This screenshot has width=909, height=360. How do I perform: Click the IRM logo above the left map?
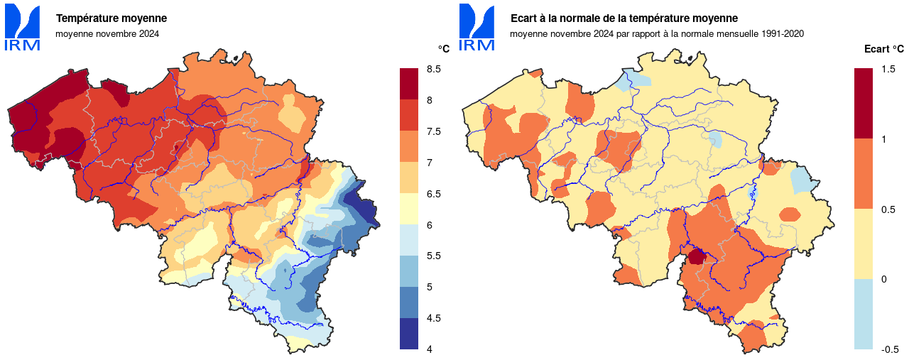(x=22, y=27)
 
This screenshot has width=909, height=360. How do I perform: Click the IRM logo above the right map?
(x=477, y=27)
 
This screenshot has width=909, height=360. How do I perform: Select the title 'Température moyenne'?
(x=111, y=18)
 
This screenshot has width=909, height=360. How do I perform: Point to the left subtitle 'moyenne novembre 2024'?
(x=107, y=33)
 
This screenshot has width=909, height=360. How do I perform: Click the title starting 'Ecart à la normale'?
(x=624, y=18)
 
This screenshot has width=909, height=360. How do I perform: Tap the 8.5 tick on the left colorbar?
(x=434, y=69)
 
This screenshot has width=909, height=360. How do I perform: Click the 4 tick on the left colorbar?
(x=430, y=349)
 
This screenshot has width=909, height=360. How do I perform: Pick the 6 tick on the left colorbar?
(x=430, y=224)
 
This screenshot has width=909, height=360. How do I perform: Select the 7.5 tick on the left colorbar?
(x=434, y=131)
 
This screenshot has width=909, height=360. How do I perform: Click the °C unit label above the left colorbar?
(x=444, y=49)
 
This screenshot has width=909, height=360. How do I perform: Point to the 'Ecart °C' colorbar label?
(x=883, y=49)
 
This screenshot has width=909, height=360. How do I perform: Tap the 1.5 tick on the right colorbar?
(x=888, y=69)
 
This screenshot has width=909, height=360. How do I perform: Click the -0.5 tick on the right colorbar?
(x=889, y=349)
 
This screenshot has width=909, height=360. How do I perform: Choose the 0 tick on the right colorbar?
(x=884, y=279)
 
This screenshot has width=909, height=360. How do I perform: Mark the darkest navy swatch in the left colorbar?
(x=408, y=333)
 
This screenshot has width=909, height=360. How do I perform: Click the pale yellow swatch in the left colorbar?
(x=408, y=209)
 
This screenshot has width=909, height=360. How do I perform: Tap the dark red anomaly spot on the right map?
(x=695, y=256)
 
